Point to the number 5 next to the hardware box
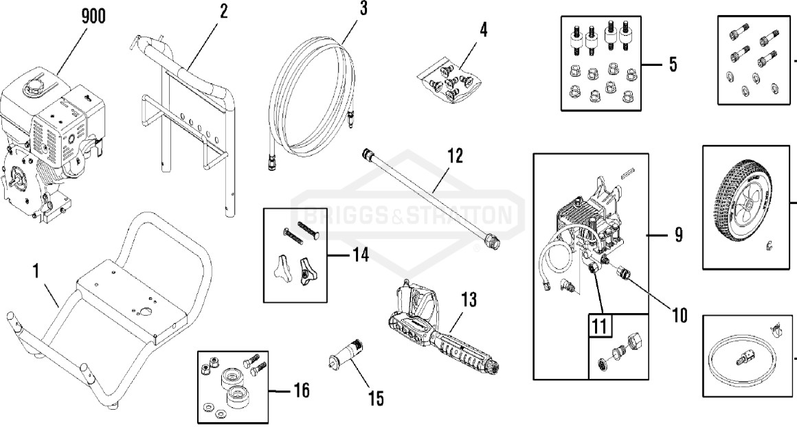pos(672,65)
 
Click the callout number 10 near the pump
pos(679,315)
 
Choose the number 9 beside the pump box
pos(677,235)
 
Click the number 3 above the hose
pos(363,9)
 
